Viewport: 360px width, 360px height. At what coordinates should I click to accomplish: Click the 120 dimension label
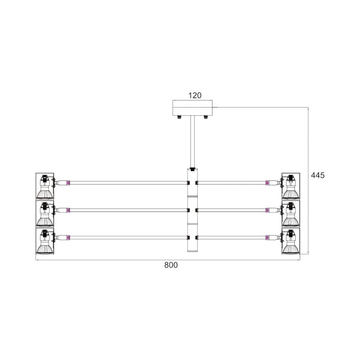coord(195,95)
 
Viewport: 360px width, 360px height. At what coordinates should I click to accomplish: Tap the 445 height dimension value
coord(318,175)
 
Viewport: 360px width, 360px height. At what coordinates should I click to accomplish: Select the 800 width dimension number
coord(171,265)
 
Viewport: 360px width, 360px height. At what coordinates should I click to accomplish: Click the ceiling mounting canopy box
coord(193,111)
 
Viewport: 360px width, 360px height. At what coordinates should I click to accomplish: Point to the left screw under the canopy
coord(179,117)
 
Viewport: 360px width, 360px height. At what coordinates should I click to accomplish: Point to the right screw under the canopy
coord(206,117)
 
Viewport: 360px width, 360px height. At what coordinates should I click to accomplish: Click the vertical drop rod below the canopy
coord(193,142)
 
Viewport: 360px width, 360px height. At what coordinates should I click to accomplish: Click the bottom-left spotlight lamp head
coord(45,241)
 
